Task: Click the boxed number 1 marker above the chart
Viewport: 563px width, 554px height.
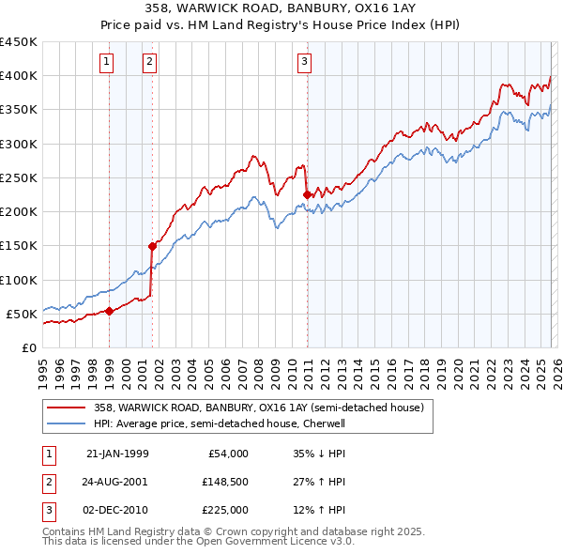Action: (x=108, y=63)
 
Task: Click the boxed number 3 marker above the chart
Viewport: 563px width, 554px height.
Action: (x=305, y=63)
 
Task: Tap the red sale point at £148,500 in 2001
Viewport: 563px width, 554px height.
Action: (x=152, y=246)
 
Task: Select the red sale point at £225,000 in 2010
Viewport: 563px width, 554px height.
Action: (x=307, y=194)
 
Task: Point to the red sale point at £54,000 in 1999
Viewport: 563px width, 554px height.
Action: (x=109, y=311)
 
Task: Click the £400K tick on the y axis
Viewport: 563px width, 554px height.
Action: (x=19, y=76)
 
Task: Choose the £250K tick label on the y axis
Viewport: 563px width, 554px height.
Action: (x=19, y=177)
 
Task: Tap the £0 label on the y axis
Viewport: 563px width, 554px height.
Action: (x=28, y=347)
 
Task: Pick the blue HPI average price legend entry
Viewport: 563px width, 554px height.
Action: (x=233, y=423)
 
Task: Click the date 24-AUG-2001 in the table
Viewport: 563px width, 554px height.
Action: (x=117, y=482)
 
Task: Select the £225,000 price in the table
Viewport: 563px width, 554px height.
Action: (x=224, y=510)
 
